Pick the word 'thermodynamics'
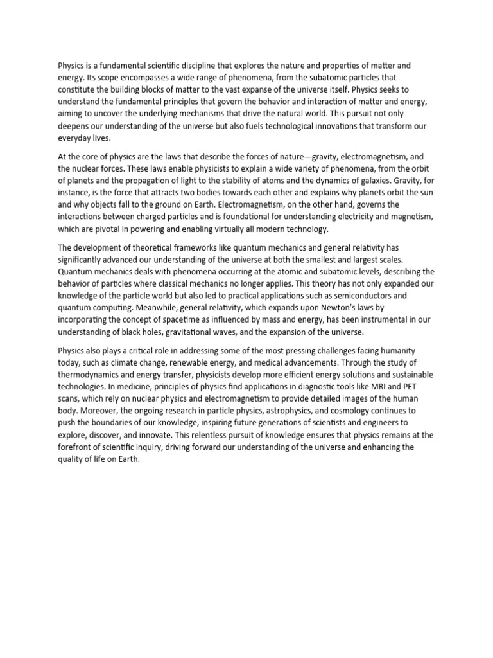pyautogui.click(x=92, y=374)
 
